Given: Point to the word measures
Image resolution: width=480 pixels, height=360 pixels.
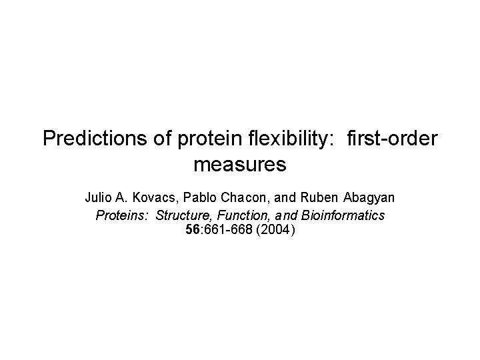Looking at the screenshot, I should [x=239, y=163].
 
